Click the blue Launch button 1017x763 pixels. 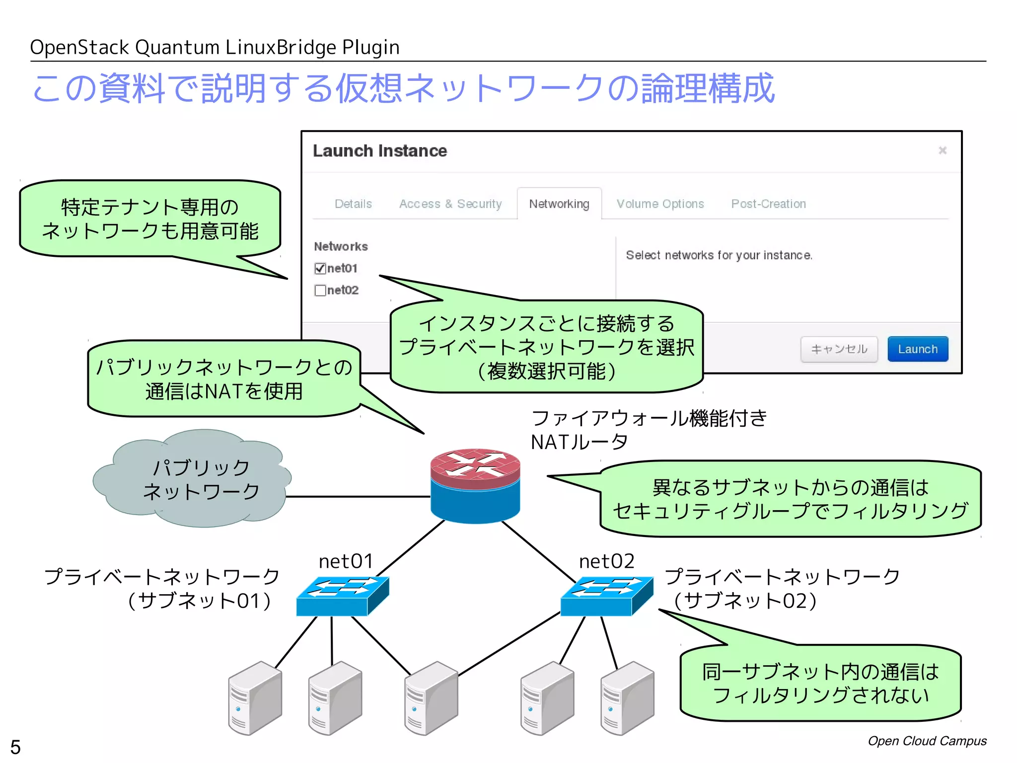917,349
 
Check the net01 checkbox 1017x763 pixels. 320,269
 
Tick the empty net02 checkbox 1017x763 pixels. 320,290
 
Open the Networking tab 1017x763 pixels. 559,204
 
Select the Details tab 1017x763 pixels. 353,204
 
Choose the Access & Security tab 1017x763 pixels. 450,204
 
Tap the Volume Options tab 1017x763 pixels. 660,204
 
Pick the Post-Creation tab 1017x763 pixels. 768,204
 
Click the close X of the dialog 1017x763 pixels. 942,150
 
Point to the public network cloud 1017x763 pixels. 194,479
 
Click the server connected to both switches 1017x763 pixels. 431,698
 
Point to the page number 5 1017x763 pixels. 15,747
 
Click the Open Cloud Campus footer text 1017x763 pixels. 927,741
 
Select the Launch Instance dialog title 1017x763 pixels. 380,151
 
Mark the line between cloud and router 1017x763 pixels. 358,496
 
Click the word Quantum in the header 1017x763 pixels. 177,48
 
